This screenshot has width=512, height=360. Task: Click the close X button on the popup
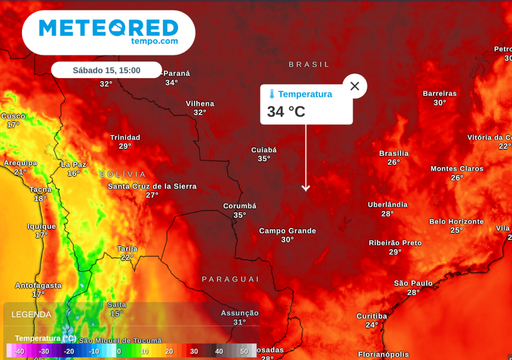point(354,86)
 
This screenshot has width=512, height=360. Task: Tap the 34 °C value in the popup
point(286,111)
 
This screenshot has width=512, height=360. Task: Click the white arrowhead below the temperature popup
point(305,188)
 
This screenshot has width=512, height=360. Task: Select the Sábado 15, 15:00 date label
point(106,70)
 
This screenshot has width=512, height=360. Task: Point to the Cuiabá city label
point(264,149)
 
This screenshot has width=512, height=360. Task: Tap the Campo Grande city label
point(287,230)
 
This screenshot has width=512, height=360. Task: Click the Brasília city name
point(394,153)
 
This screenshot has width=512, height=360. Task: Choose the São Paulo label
point(413,283)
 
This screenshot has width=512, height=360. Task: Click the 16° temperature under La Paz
point(73,173)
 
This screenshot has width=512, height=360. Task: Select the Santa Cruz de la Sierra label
point(152,186)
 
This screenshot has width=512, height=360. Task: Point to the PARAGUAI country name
point(230,279)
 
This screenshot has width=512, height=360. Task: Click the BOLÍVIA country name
point(123,174)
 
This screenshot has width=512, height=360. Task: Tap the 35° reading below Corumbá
point(239,215)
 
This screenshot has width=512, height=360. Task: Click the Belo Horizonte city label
point(456,221)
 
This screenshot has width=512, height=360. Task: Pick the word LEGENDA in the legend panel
point(31,314)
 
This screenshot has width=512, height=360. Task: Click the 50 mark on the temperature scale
point(244,351)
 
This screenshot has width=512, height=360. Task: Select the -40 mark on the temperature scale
point(19,351)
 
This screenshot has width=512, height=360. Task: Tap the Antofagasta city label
point(38,285)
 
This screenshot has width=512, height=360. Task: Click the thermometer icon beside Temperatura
point(271,94)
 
